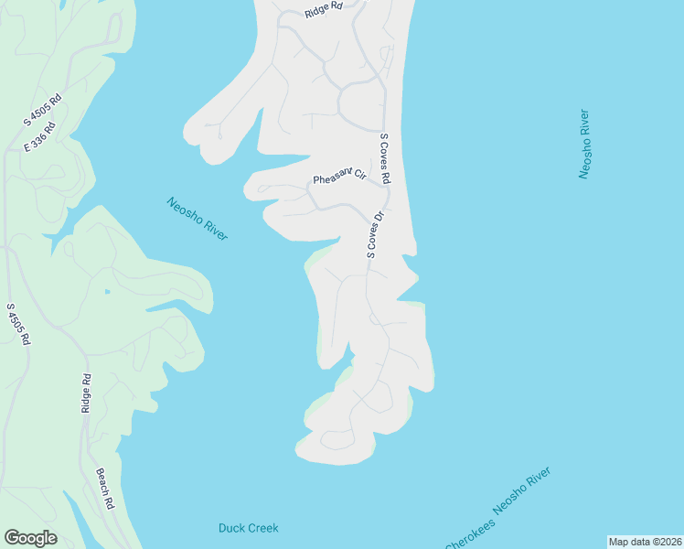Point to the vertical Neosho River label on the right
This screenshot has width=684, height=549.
click(584, 144)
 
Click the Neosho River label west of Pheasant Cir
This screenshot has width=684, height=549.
click(197, 220)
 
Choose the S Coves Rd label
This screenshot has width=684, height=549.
click(385, 158)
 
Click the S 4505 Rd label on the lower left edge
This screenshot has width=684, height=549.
click(18, 324)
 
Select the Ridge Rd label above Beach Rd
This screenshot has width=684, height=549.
click(86, 393)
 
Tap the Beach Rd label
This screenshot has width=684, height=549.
click(104, 489)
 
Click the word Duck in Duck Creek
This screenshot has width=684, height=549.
click(231, 528)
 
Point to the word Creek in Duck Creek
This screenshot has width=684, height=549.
click(262, 528)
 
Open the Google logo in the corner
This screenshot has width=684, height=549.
click(30, 538)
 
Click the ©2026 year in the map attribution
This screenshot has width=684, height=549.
click(663, 541)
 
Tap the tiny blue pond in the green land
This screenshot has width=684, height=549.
click(107, 292)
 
